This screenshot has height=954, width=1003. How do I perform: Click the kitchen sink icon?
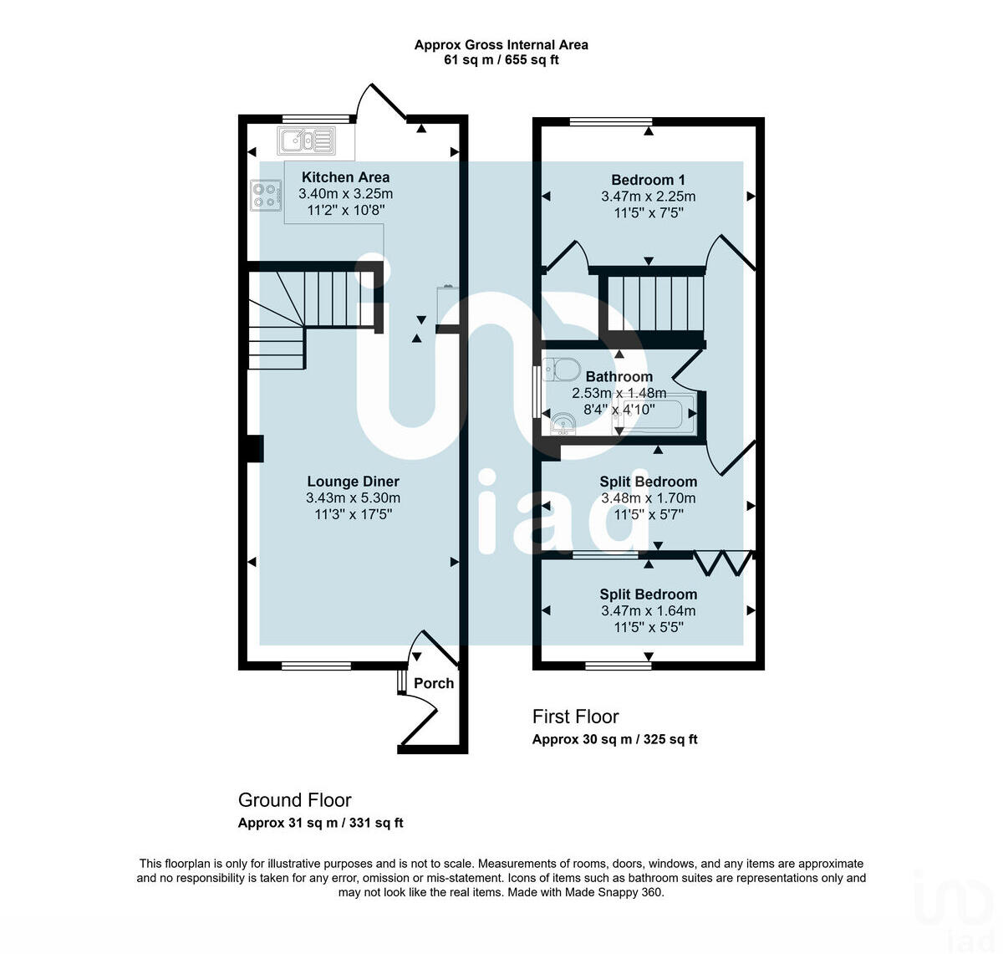pyautogui.click(x=307, y=140)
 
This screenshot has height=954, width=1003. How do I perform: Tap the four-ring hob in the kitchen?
pyautogui.click(x=265, y=195)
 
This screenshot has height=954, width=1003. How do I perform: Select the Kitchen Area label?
pyautogui.click(x=345, y=177)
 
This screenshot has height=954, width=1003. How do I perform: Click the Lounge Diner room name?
pyautogui.click(x=353, y=482)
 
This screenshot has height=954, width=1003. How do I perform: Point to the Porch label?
pyautogui.click(x=434, y=683)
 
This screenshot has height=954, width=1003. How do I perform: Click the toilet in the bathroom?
pyautogui.click(x=562, y=369)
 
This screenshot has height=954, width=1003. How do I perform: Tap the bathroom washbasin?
pyautogui.click(x=563, y=425)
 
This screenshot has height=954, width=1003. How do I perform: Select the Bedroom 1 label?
pyautogui.click(x=648, y=180)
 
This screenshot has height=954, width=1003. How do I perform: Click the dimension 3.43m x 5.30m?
pyautogui.click(x=353, y=498)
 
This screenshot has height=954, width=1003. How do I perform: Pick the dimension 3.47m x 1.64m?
pyautogui.click(x=648, y=611)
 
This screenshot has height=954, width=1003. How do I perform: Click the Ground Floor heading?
pyautogui.click(x=294, y=800)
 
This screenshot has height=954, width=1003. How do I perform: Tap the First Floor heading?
pyautogui.click(x=575, y=717)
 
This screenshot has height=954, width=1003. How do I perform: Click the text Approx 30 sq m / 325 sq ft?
pyautogui.click(x=614, y=739)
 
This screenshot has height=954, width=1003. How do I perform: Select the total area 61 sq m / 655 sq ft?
pyautogui.click(x=501, y=60)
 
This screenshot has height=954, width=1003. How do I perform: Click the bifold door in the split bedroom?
pyautogui.click(x=724, y=563)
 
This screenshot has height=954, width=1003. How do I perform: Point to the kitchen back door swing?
pyautogui.click(x=380, y=102)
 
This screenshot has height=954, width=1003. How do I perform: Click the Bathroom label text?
pyautogui.click(x=619, y=377)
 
